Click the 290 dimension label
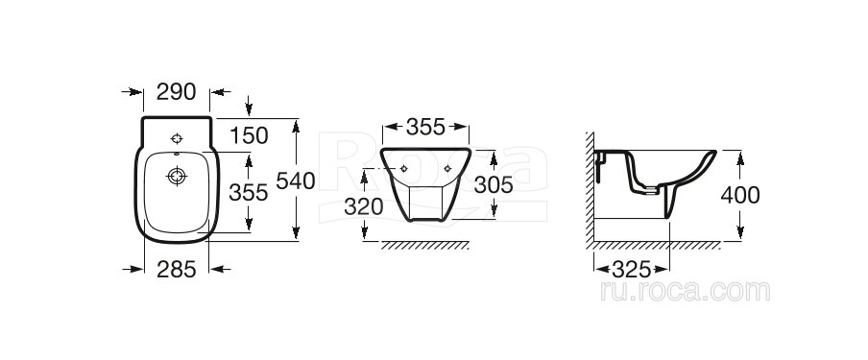coord(176,92)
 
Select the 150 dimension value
coord(249,135)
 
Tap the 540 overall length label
coord(296,181)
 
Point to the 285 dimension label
coord(177,270)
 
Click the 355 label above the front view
coord(425,128)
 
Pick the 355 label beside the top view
coord(249,193)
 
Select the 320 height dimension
coord(364,206)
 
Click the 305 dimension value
coord(494,185)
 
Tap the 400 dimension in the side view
coord(740,195)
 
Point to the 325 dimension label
coord(632,270)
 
